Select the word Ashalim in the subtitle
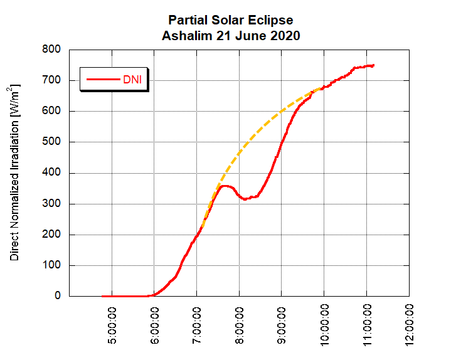click(184, 36)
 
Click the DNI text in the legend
click(132, 79)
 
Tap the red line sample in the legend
click(103, 79)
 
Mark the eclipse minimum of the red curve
click(245, 199)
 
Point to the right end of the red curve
click(374, 65)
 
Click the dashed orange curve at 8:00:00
click(240, 153)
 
